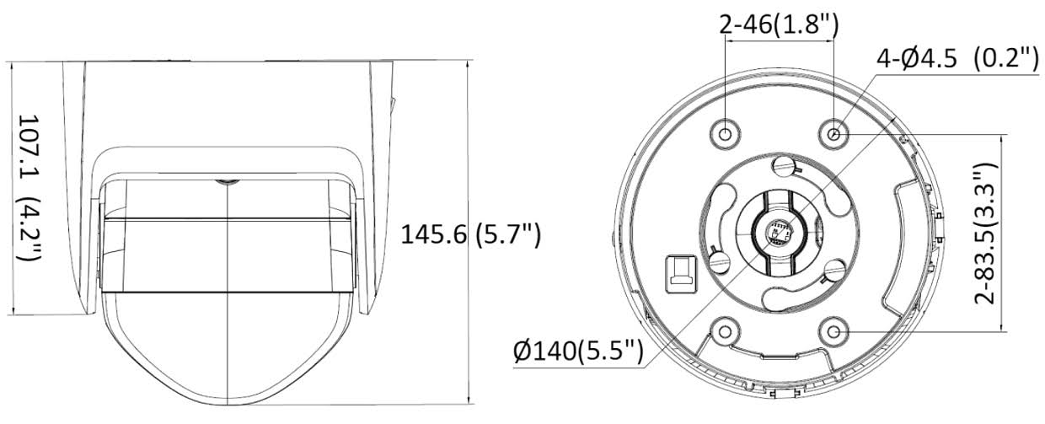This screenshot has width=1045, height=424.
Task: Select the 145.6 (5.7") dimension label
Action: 469,234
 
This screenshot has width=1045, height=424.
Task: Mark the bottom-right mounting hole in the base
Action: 834,331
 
